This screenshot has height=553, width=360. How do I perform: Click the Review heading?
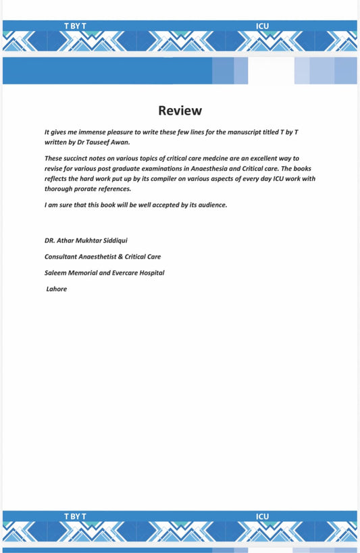pos(180,111)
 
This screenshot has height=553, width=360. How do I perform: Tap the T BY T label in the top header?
pos(75,26)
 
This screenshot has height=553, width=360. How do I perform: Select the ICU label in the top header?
pos(262,26)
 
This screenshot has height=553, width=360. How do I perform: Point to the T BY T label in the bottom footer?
pos(75,517)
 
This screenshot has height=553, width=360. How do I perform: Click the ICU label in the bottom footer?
pos(262,517)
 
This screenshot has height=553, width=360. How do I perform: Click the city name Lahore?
pos(57,289)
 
